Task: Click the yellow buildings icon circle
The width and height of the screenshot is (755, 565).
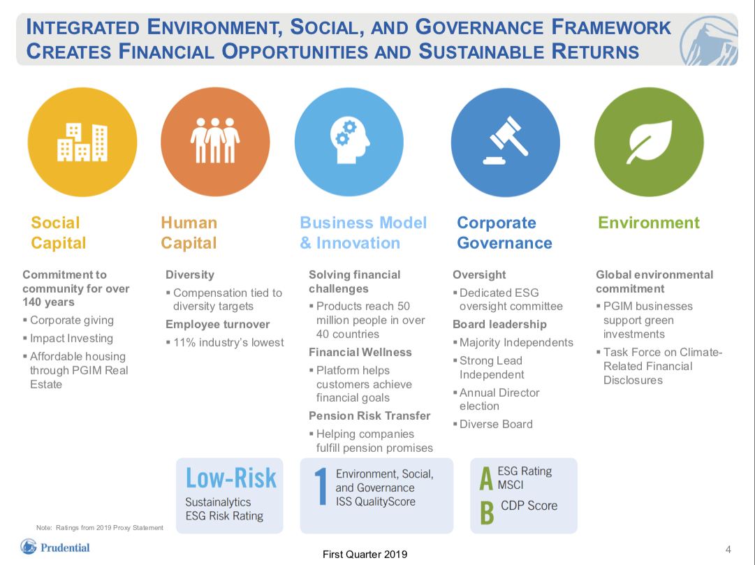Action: (x=82, y=142)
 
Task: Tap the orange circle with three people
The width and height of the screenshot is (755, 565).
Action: (x=215, y=142)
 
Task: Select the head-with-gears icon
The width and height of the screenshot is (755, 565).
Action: (x=349, y=142)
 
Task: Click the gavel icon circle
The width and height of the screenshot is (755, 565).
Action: (x=505, y=142)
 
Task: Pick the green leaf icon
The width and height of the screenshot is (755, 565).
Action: (x=649, y=142)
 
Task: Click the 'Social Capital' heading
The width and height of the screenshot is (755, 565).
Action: (x=58, y=233)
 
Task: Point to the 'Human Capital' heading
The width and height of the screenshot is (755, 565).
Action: (x=189, y=233)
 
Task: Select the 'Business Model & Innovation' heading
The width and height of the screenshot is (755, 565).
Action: (x=363, y=233)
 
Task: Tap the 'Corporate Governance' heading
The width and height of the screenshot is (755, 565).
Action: (x=504, y=233)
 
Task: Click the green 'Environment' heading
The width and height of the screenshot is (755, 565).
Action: (x=648, y=223)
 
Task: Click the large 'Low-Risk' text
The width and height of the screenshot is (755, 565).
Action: (x=230, y=478)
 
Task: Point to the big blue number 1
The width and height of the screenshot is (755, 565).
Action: (x=321, y=486)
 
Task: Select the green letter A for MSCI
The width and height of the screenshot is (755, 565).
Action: (x=486, y=479)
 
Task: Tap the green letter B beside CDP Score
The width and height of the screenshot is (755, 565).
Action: (x=487, y=512)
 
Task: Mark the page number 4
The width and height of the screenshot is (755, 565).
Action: (x=728, y=549)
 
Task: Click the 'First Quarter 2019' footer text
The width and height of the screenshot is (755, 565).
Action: (x=365, y=555)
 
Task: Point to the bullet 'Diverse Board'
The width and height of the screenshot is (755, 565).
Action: (x=495, y=424)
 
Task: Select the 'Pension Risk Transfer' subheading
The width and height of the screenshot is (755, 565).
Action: (x=369, y=416)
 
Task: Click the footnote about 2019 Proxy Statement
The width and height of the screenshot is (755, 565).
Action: (x=99, y=527)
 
